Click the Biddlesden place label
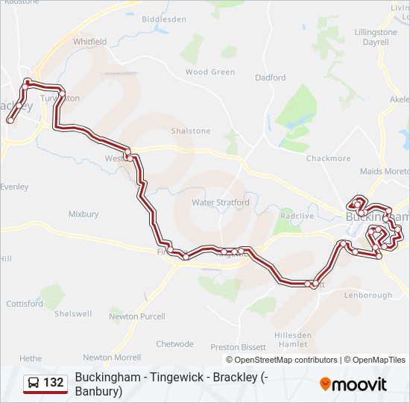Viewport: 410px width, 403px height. tap(164, 19)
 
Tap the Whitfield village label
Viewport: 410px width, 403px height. tap(89, 42)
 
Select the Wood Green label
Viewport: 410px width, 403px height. tap(209, 72)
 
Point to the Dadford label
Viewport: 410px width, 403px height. tap(270, 78)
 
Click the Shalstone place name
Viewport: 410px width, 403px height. tap(191, 131)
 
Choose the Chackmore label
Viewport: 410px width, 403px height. tap(328, 158)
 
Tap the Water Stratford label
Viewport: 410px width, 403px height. tap(221, 202)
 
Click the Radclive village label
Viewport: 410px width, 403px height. tap(297, 216)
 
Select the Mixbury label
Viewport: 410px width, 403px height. tap(83, 214)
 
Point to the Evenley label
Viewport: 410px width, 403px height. tap(15, 187)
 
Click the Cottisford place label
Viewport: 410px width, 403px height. tap(25, 304)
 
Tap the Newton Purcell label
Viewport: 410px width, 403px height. tap(136, 316)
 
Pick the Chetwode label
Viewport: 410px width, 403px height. tap(174, 344)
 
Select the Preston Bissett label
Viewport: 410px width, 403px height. tap(238, 347)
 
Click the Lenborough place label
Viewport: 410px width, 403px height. tap(368, 295)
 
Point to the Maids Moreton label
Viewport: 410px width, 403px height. tap(385, 172)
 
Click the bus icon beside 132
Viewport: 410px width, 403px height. tap(34, 384)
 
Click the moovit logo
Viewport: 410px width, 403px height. tap(353, 384)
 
